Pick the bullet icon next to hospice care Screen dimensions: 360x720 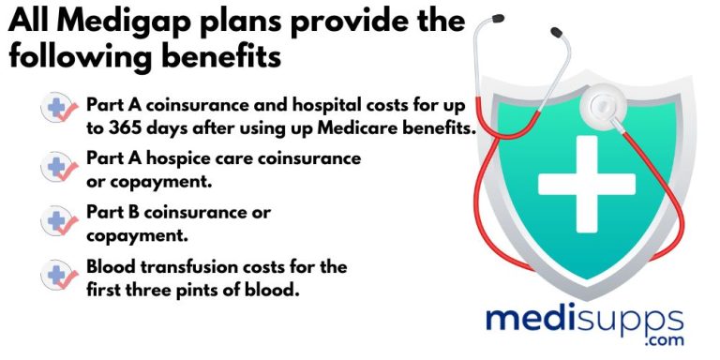click(61, 168)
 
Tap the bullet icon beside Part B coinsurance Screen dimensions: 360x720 click(61, 221)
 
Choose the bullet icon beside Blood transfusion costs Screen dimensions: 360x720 click(61, 276)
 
